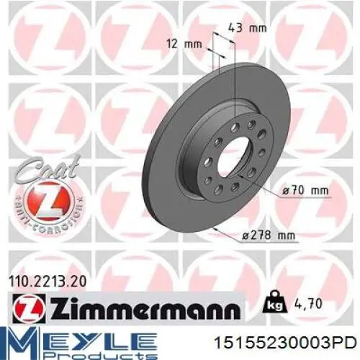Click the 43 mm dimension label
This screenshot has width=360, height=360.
point(247,28)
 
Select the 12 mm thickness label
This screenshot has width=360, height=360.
point(184,44)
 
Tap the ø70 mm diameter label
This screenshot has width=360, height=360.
point(305,191)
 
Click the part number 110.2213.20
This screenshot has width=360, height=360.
point(48,282)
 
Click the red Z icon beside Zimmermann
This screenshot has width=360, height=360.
point(28,309)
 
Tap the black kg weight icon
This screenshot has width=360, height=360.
point(275,303)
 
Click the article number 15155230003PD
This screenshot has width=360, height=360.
point(285,343)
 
